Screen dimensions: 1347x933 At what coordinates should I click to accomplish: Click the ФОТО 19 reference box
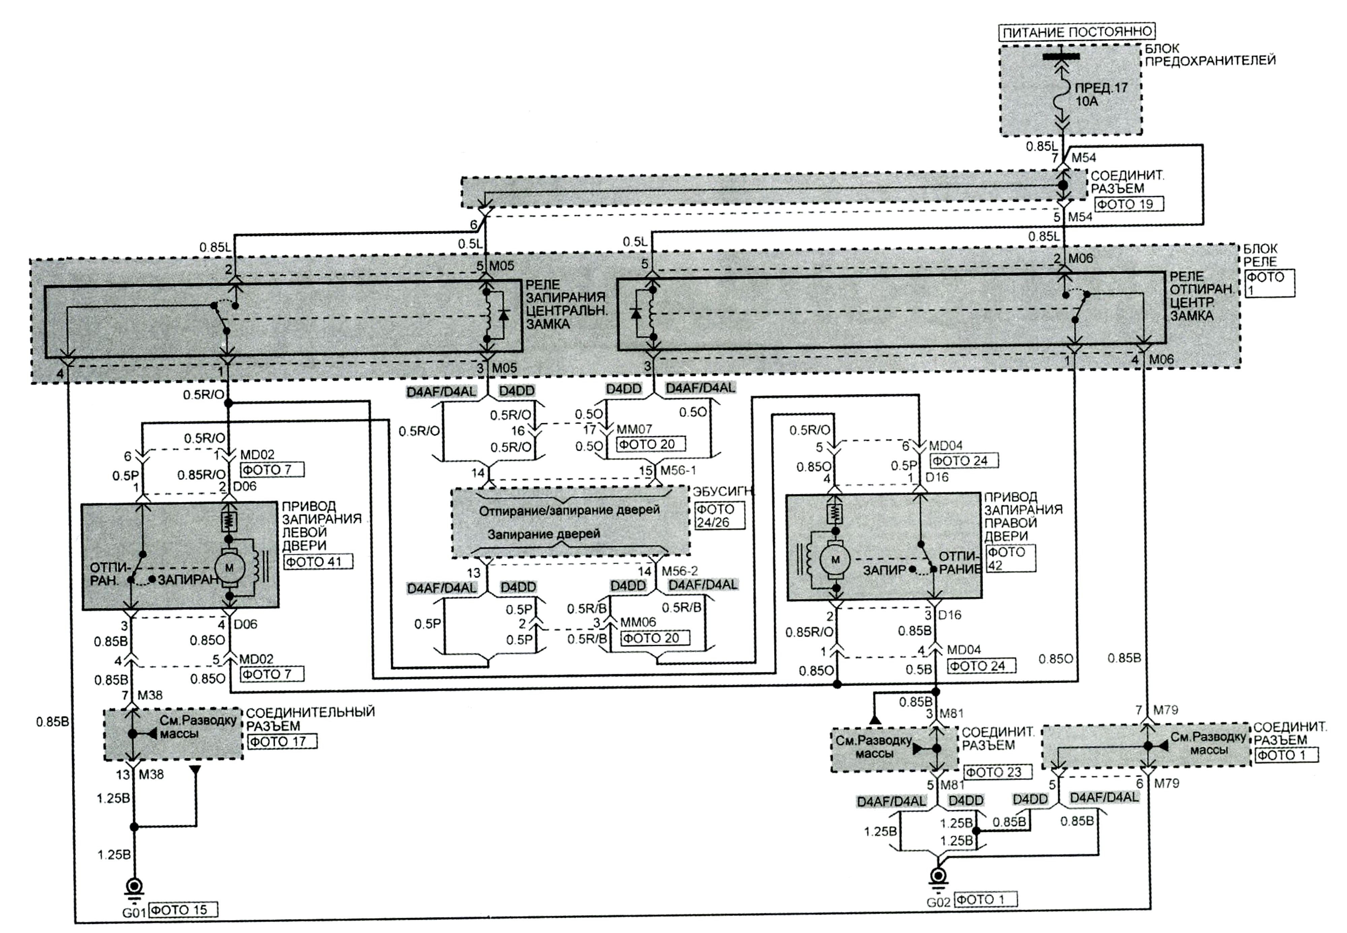coord(1128,204)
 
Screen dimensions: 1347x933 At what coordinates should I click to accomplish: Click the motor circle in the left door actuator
coord(229,566)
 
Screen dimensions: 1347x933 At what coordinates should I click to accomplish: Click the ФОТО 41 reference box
coord(318,562)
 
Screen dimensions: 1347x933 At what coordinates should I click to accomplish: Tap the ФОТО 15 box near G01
coord(183,910)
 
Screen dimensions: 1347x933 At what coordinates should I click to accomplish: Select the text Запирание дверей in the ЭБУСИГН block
coord(544,534)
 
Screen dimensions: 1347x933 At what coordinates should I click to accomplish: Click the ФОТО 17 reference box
coord(283,741)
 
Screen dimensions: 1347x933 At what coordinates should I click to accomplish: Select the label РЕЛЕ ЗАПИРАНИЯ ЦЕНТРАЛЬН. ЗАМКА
coord(566,305)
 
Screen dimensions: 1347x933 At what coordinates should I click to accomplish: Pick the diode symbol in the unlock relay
coord(635,313)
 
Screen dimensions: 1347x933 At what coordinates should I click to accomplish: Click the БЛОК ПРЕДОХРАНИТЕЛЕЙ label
coord(1210,54)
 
